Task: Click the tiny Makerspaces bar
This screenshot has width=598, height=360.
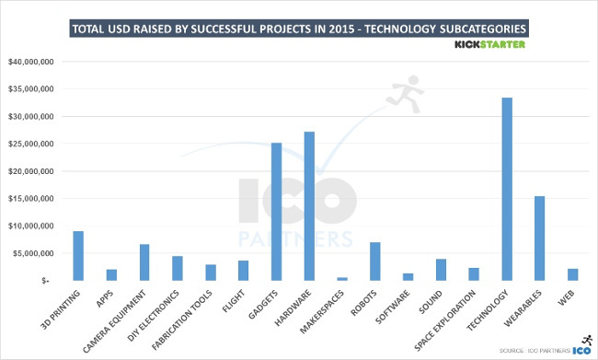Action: (x=341, y=277)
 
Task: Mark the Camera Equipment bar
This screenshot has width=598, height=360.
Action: (x=144, y=261)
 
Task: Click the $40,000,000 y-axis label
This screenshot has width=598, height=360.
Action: (x=32, y=63)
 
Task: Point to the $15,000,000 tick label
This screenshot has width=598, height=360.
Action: (x=32, y=198)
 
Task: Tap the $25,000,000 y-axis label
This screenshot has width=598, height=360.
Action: (x=32, y=144)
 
